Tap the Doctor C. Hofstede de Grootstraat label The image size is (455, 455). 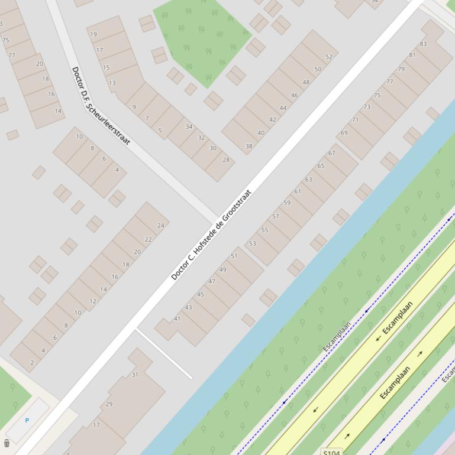click(x=211, y=235)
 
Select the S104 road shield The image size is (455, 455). click(x=332, y=451)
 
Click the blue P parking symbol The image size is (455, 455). click(x=27, y=420)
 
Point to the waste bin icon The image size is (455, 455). click(x=7, y=443)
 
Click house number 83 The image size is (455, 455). click(x=423, y=44)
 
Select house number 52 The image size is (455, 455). click(x=328, y=57)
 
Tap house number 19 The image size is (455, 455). click(x=93, y=34)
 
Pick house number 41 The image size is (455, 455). click(x=177, y=318)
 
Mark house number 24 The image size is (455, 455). click(x=160, y=226)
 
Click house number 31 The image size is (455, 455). click(x=135, y=375)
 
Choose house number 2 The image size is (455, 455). click(x=31, y=363)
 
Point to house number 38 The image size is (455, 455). click(x=249, y=146)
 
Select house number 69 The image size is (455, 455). click(x=344, y=133)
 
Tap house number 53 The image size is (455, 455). click(x=253, y=243)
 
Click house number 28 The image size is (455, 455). click(x=225, y=160)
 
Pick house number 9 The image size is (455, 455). click(x=134, y=107)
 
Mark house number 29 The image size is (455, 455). click(x=109, y=404)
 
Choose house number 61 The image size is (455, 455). click(x=298, y=191)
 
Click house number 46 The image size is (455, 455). click(x=295, y=95)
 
